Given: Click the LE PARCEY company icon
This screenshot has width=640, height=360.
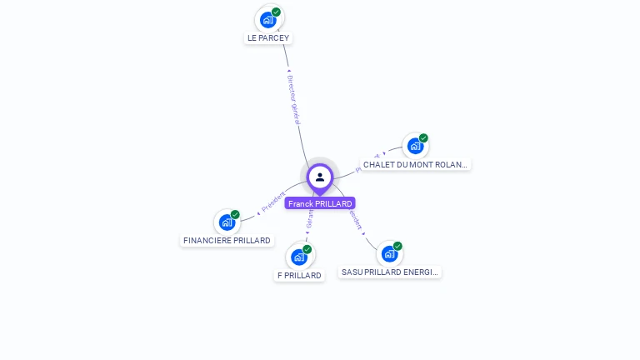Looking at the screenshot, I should [x=267, y=19].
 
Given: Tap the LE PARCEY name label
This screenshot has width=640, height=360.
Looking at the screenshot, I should [x=268, y=38].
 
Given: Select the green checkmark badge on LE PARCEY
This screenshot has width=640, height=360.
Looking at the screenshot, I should [x=277, y=12].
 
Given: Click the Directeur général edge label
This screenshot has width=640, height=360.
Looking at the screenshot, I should [x=293, y=100].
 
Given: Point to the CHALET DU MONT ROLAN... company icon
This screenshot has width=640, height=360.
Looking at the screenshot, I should [x=415, y=146].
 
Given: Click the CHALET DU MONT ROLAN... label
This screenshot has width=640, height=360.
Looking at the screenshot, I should [x=416, y=165].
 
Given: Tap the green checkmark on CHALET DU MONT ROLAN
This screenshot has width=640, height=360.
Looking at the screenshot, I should [x=423, y=138].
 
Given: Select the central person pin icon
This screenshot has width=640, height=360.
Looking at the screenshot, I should [x=320, y=177].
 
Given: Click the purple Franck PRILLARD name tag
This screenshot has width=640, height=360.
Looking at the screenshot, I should [x=320, y=203].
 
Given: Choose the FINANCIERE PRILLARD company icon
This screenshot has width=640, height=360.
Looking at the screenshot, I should [x=226, y=222].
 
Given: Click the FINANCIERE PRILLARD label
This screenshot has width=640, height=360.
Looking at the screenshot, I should [x=227, y=241].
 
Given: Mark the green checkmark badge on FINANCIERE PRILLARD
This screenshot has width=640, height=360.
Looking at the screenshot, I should [x=235, y=214].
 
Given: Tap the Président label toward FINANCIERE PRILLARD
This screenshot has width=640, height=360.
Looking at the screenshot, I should [x=273, y=202].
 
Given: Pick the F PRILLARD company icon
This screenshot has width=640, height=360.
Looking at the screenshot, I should [x=298, y=257].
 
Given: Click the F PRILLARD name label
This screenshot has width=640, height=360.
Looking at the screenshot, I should [x=300, y=276].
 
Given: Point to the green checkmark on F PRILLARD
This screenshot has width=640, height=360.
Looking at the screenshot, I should [x=307, y=249].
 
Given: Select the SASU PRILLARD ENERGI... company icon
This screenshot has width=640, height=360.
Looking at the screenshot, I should [x=389, y=253].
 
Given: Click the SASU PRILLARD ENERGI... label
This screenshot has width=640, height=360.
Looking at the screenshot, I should [x=390, y=272].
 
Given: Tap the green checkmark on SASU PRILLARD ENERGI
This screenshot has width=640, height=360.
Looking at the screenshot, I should [x=398, y=246].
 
